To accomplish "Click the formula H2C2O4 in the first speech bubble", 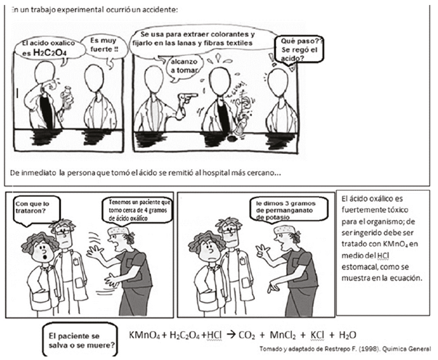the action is [49, 52].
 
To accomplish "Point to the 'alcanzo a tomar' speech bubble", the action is [184, 67].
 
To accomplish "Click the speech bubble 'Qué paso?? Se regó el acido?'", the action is [299, 49].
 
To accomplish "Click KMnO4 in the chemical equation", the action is [144, 335].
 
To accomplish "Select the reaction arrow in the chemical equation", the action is [231, 335].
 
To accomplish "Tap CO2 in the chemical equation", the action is [247, 335].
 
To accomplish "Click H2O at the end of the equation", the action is [347, 335].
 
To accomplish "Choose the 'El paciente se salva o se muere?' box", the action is [81, 340].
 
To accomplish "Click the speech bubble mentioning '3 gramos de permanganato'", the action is [289, 210].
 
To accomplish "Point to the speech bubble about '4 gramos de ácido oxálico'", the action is [138, 210].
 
